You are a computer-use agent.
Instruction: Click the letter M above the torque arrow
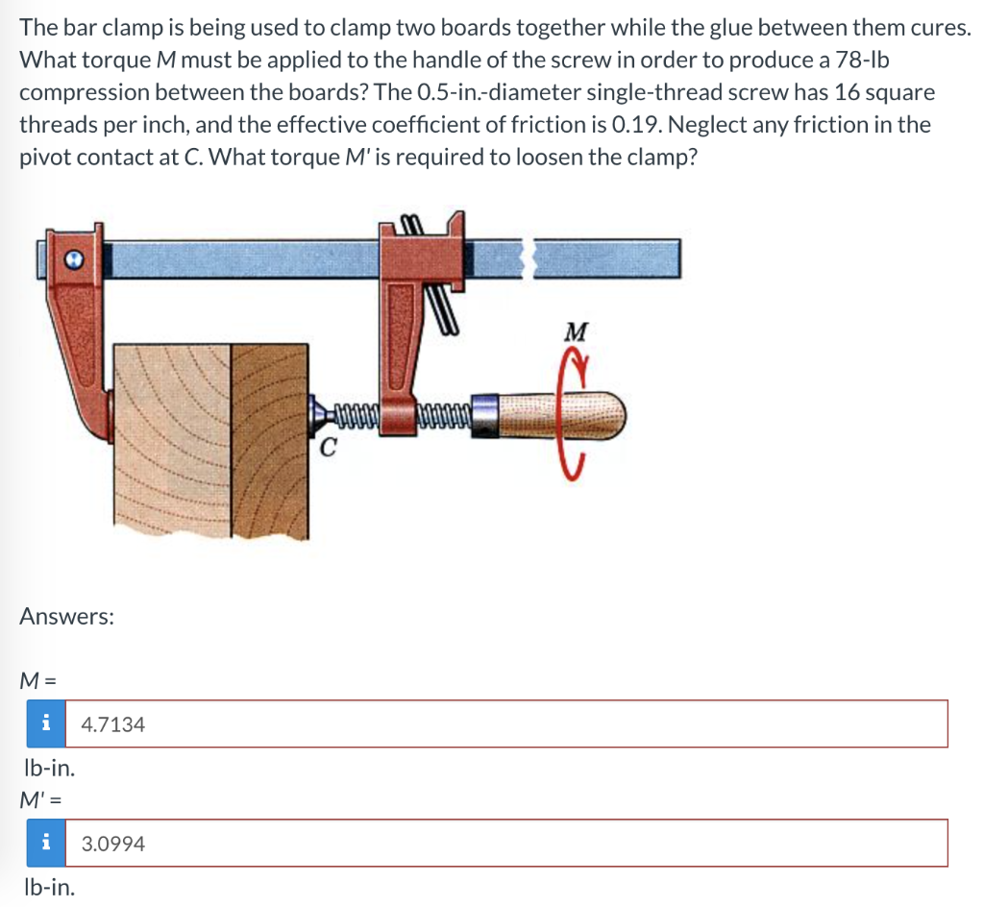577,331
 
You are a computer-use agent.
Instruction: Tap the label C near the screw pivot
328,448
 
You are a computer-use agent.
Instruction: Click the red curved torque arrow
573,414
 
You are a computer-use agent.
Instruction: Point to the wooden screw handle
561,415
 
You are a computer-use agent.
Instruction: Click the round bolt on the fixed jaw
74,259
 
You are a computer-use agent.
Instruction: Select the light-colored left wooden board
173,439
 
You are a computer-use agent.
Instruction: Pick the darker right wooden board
270,440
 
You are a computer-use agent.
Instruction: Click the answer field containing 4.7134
506,723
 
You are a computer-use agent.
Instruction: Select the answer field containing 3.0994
506,843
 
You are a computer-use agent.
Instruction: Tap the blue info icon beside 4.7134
46,723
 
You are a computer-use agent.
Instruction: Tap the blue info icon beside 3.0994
46,843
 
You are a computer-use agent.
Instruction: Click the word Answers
66,617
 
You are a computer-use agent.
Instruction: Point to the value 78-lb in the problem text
862,60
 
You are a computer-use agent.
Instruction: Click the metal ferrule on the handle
484,415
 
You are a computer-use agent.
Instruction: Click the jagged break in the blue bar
529,257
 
